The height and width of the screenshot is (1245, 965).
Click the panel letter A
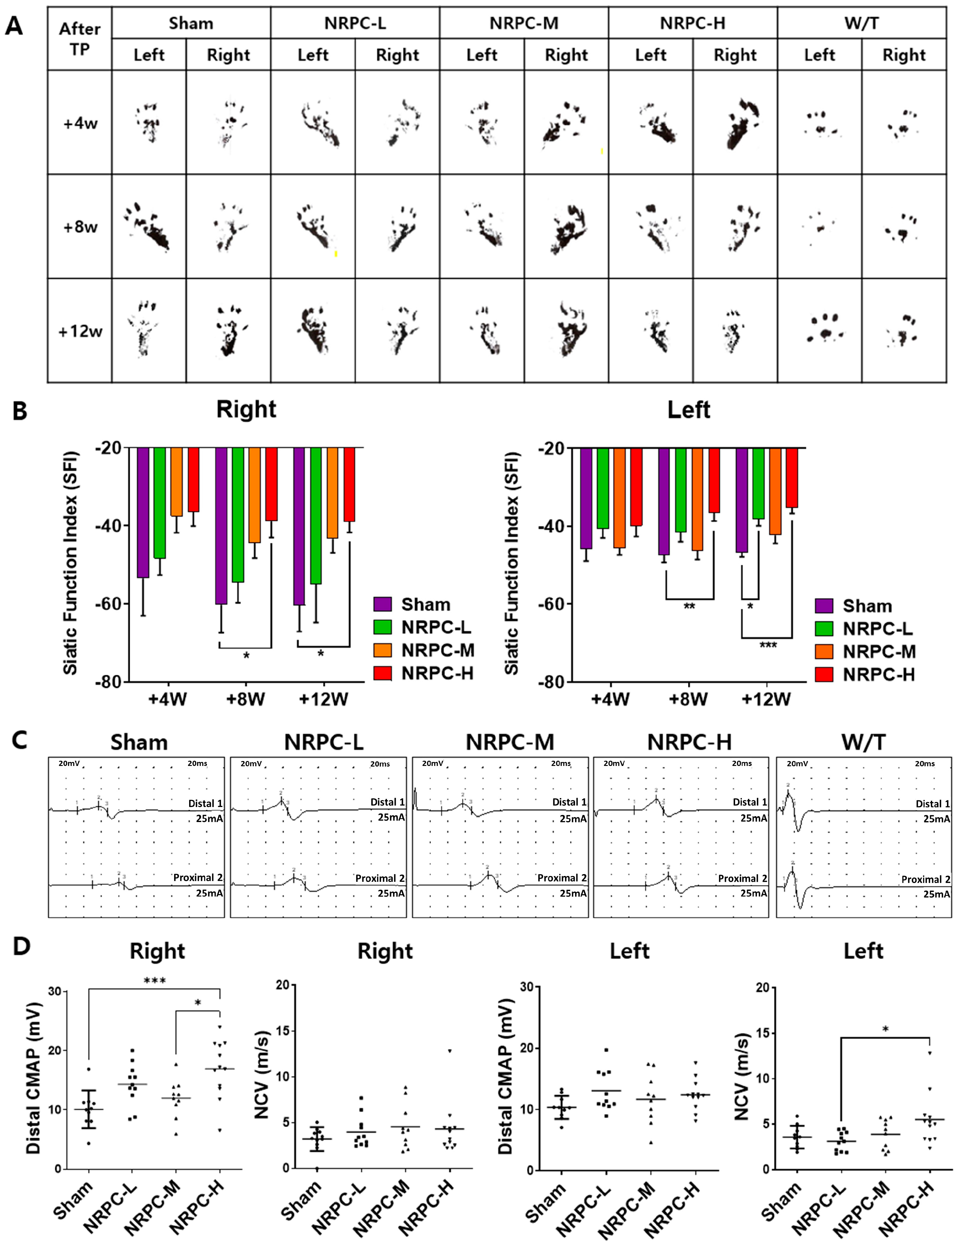point(14,26)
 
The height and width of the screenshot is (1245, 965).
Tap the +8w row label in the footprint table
point(80,227)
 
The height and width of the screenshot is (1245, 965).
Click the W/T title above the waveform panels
point(863,743)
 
